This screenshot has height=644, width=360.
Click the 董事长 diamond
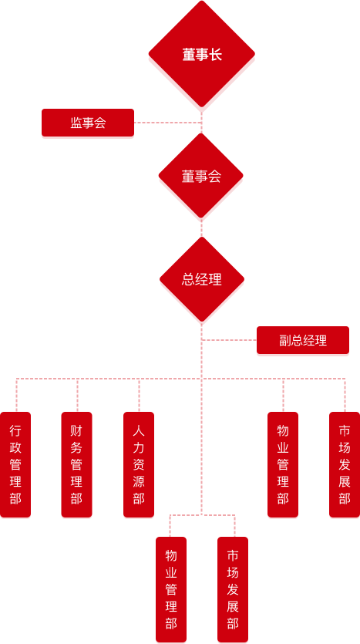pyautogui.click(x=201, y=55)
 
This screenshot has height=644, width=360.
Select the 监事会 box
pyautogui.click(x=87, y=123)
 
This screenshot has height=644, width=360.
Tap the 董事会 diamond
pyautogui.click(x=201, y=177)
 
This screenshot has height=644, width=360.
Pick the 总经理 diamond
pyautogui.click(x=201, y=279)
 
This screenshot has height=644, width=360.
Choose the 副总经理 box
pyautogui.click(x=303, y=341)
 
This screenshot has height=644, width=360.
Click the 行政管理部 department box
pyautogui.click(x=15, y=465)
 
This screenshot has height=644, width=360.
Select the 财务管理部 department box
pyautogui.click(x=76, y=465)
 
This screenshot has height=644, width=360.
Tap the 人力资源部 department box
pyautogui.click(x=139, y=465)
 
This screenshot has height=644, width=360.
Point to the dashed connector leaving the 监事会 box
pyautogui.click(x=167, y=123)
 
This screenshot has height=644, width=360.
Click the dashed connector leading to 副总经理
pyautogui.click(x=229, y=340)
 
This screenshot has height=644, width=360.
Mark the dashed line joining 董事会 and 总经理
pyautogui.click(x=201, y=229)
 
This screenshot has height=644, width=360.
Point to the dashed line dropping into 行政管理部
pyautogui.click(x=16, y=395)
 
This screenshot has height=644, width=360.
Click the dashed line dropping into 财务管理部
pyautogui.click(x=77, y=395)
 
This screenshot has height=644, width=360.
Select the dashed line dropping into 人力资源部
pyautogui.click(x=139, y=395)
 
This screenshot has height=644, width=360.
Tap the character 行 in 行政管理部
pyautogui.click(x=15, y=430)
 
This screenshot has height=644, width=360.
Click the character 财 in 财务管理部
pyautogui.click(x=76, y=430)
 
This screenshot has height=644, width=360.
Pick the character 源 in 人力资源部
pyautogui.click(x=139, y=481)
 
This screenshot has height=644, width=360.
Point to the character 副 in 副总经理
pyautogui.click(x=285, y=341)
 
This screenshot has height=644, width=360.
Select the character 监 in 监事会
pyautogui.click(x=76, y=123)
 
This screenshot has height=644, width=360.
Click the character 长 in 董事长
pyautogui.click(x=215, y=55)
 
